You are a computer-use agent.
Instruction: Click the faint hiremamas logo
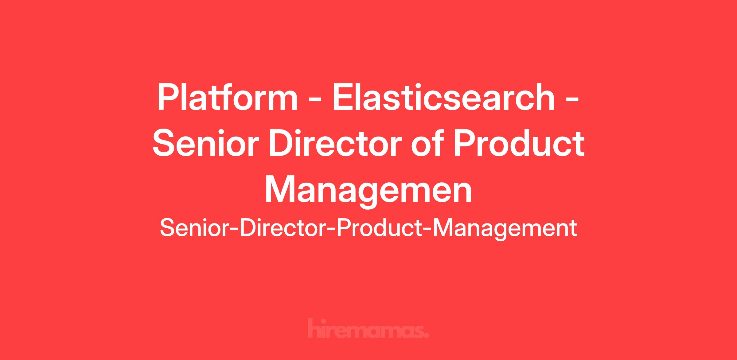pos(368,328)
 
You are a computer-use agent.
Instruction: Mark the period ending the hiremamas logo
pos(426,335)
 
